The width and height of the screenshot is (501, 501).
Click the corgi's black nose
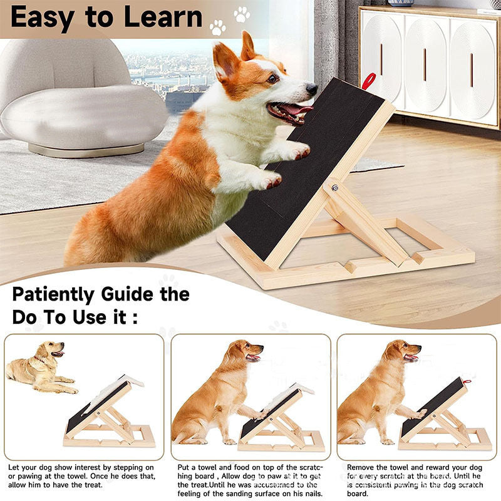point(311,89)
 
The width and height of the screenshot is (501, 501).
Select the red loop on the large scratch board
point(369,81)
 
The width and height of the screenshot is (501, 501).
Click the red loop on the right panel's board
point(465,381)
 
